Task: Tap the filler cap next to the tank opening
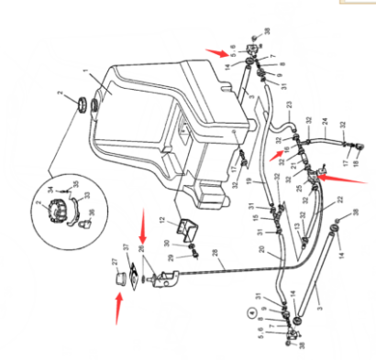(x=84, y=103)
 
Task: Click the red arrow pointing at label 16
(x=275, y=154)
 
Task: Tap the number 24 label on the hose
(x=325, y=120)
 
